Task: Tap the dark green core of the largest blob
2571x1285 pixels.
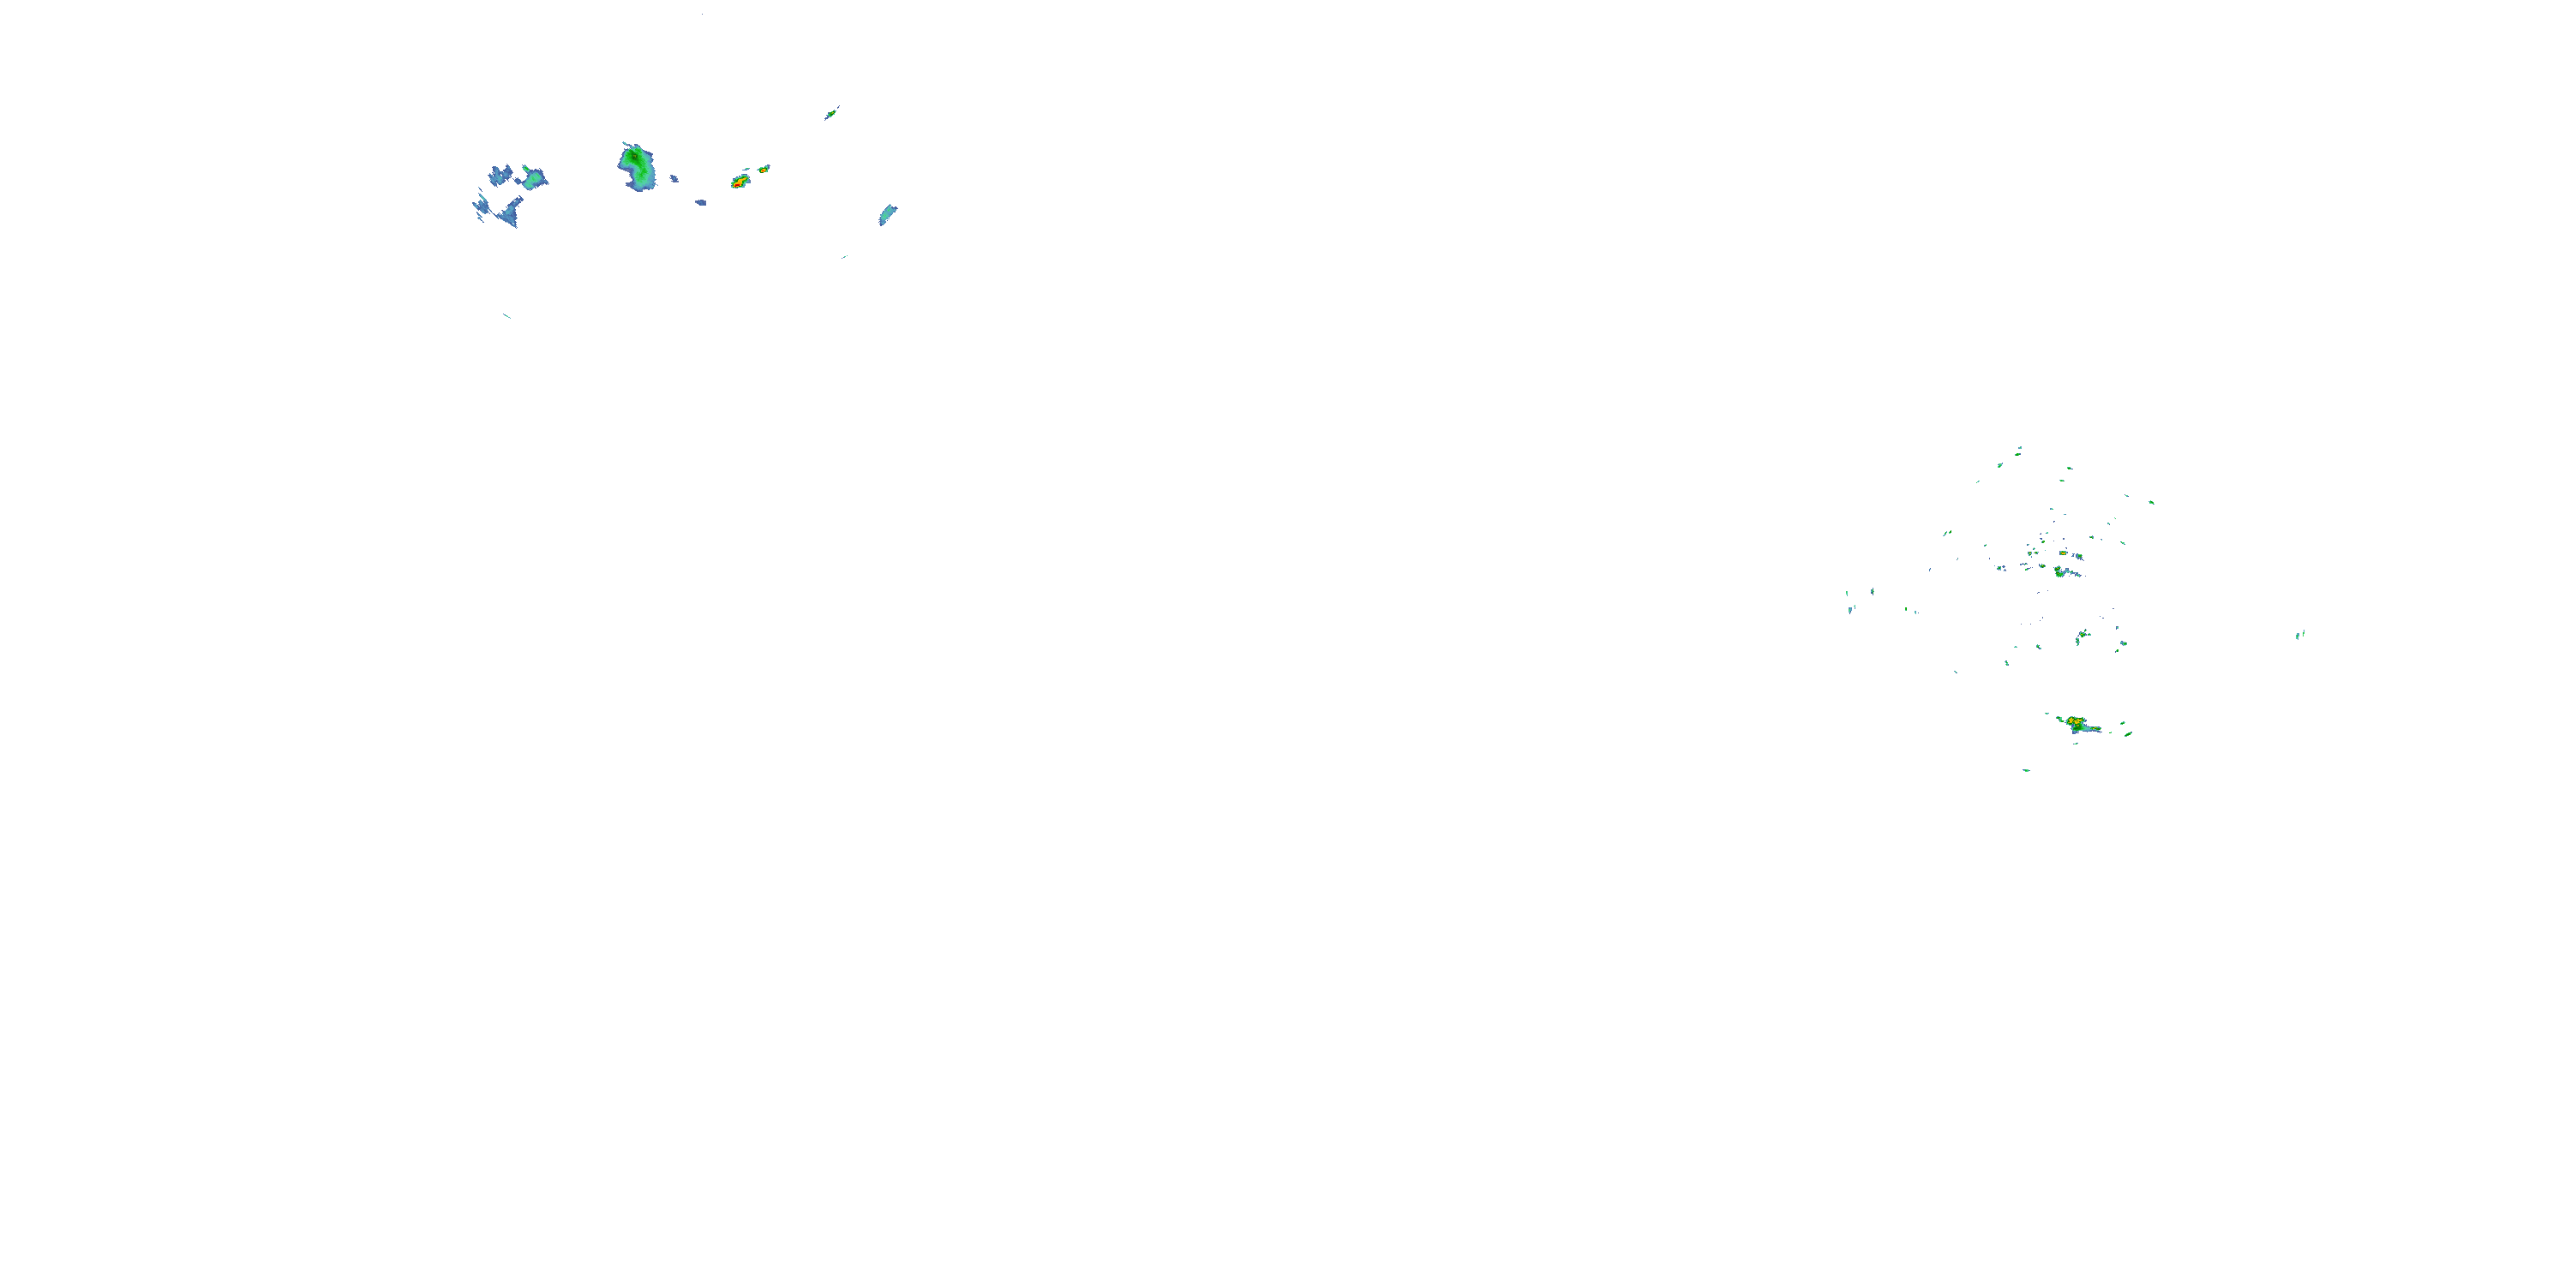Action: click(632, 158)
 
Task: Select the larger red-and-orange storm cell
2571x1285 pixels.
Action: click(740, 182)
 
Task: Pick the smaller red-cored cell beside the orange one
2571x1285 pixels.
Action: click(764, 170)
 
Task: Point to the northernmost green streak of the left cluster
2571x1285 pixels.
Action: click(830, 114)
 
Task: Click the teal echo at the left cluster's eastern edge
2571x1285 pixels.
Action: click(886, 214)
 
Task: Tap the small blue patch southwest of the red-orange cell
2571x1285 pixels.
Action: click(701, 202)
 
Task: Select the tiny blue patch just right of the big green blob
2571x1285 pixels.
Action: click(674, 178)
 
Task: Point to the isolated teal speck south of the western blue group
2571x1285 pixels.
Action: click(507, 316)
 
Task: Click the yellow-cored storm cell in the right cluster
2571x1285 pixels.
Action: click(2075, 721)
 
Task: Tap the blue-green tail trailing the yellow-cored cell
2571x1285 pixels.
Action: click(2090, 728)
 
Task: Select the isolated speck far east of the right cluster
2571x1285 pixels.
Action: click(2298, 635)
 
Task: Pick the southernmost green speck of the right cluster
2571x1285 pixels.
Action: click(2026, 770)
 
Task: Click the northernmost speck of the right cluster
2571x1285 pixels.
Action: click(2019, 450)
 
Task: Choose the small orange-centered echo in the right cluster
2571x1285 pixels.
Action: click(2063, 553)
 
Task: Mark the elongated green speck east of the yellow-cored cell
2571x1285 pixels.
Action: click(2128, 734)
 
